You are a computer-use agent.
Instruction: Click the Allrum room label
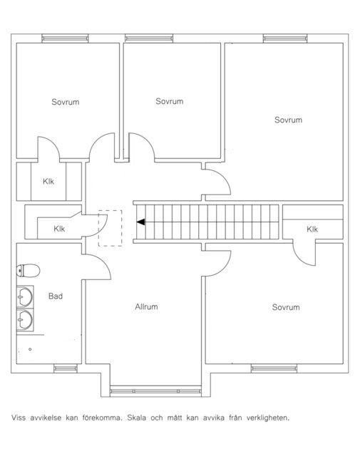coord(146,307)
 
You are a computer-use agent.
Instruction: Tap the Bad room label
coord(56,296)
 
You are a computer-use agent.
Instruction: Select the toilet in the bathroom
coord(28,271)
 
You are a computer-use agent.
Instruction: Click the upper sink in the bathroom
coord(25,296)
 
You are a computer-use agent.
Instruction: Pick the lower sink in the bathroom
coord(25,319)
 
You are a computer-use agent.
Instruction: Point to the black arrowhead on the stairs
coord(141,222)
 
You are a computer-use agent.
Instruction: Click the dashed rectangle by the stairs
coord(110,228)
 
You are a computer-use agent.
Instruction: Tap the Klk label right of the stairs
coord(312,229)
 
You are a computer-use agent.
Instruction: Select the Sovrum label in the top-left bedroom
coord(65,102)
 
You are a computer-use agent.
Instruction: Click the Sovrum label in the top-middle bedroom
coord(170,101)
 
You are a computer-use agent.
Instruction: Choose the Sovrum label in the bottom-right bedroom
coord(286,307)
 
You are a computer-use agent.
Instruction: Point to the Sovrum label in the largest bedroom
coord(289,120)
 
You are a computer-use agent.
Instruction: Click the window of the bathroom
coord(66,368)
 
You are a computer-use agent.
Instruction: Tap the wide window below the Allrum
coord(155,391)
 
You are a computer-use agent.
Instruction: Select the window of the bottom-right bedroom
coord(274,368)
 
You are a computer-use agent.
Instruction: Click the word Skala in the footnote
coord(136,418)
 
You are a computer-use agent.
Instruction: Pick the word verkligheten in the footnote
coord(268,418)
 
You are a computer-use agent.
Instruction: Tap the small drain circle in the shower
coord(30,349)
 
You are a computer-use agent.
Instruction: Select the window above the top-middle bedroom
coord(149,38)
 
